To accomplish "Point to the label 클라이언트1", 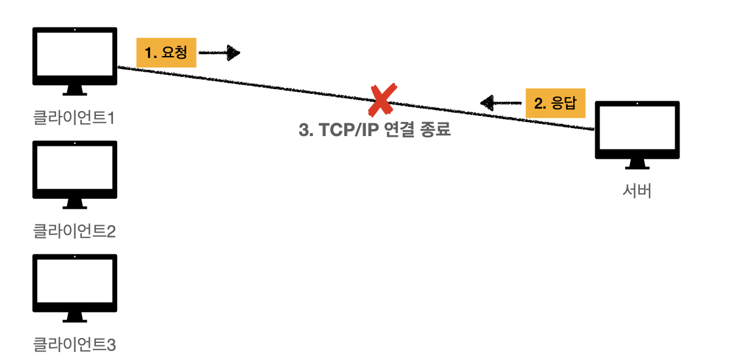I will click(x=74, y=117).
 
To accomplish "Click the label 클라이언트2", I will click(x=74, y=231).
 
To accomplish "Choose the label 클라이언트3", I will click(x=74, y=345).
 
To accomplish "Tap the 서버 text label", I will click(x=637, y=191).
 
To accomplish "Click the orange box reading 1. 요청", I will click(x=166, y=53).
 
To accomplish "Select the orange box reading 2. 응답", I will click(x=555, y=103).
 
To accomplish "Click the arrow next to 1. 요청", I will click(x=219, y=53).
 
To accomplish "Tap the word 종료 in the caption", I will click(x=435, y=131).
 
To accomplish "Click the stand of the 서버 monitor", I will click(x=637, y=165).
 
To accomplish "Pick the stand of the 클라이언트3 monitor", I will click(x=74, y=318).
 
